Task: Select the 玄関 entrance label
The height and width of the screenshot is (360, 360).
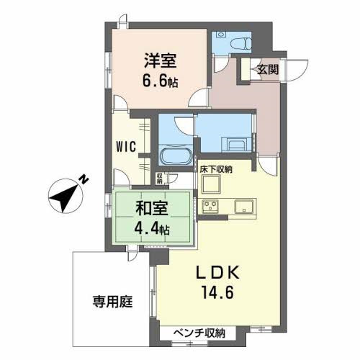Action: pyautogui.click(x=268, y=69)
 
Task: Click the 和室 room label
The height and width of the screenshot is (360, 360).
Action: pyautogui.click(x=152, y=212)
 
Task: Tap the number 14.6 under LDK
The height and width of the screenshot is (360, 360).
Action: pyautogui.click(x=214, y=294)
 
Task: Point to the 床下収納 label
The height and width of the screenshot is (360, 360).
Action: pyautogui.click(x=216, y=169)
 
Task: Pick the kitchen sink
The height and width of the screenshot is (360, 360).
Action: pyautogui.click(x=243, y=206)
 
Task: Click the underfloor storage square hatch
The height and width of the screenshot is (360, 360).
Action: pyautogui.click(x=213, y=185)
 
